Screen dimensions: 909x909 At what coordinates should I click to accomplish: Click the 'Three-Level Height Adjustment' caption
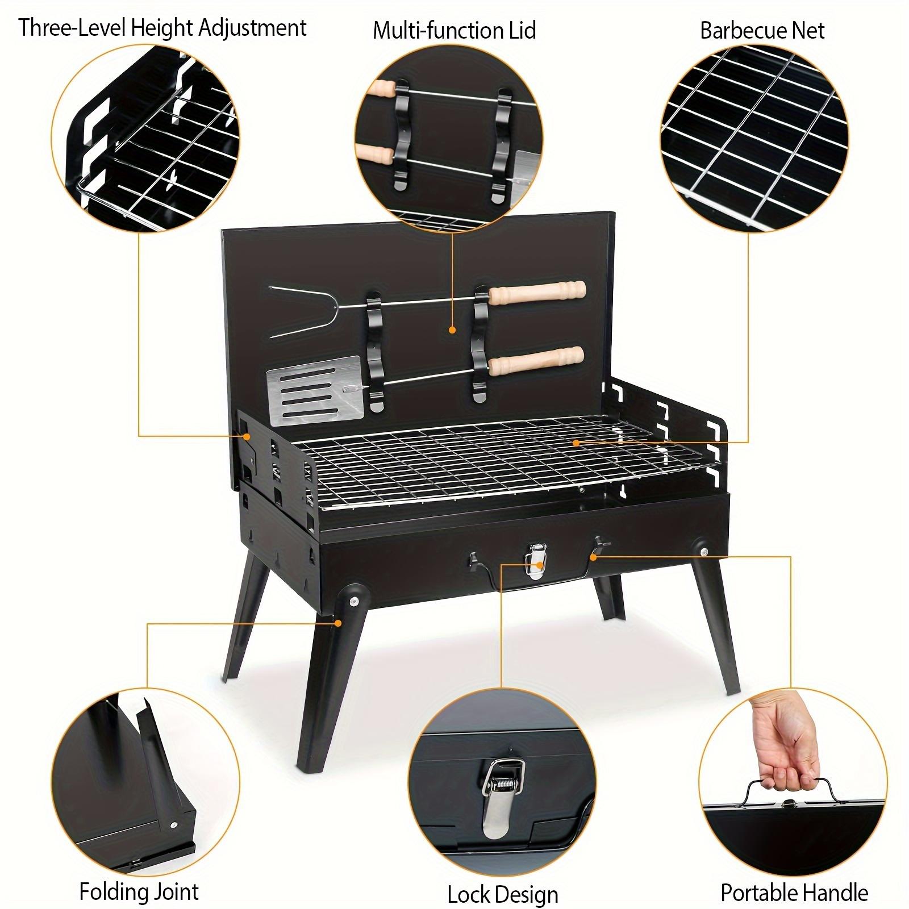click(x=162, y=28)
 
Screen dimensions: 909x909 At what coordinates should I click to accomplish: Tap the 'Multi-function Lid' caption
click(x=454, y=30)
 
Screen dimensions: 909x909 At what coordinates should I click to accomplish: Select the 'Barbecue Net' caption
click(x=762, y=30)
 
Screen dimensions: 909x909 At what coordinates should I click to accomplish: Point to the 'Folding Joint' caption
click(x=139, y=875)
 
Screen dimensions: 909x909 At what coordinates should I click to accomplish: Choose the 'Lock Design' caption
click(x=503, y=879)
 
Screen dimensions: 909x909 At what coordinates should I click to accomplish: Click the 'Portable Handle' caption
click(x=794, y=877)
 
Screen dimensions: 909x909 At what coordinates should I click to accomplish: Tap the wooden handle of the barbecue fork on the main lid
click(x=537, y=293)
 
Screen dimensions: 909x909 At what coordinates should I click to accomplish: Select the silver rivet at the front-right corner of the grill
click(x=704, y=553)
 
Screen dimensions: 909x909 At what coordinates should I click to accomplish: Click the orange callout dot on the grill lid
click(x=452, y=330)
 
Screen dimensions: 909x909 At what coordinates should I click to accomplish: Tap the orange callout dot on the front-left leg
click(x=338, y=623)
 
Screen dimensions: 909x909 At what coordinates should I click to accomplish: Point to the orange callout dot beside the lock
click(x=593, y=557)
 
